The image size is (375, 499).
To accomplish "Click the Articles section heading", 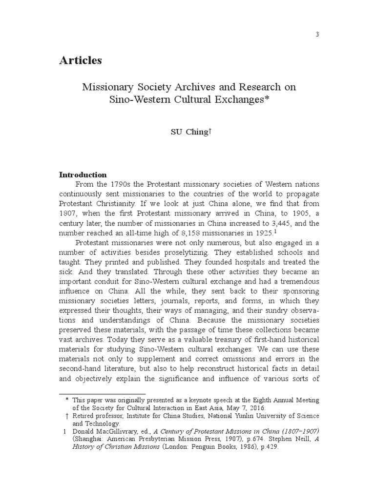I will pos(81,60).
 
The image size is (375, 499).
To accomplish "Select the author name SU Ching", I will pos(187,132).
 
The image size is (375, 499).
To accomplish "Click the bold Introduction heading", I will pos(83,174).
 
